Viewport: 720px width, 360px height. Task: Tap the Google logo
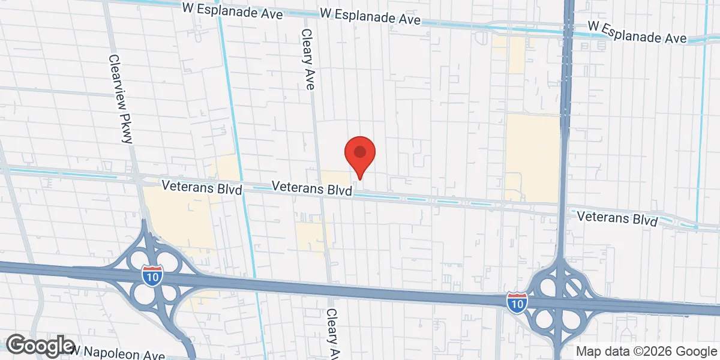click(x=41, y=346)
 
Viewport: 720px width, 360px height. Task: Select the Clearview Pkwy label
click(x=120, y=99)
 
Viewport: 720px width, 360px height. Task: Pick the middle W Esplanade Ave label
click(x=370, y=16)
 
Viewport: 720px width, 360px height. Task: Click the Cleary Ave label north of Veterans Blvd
click(x=308, y=59)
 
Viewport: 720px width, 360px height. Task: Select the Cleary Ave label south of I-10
click(x=334, y=334)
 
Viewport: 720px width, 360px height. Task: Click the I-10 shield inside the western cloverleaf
click(x=152, y=275)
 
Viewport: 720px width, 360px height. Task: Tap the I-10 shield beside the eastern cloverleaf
click(x=515, y=302)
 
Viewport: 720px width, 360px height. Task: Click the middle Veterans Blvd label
click(x=311, y=188)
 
